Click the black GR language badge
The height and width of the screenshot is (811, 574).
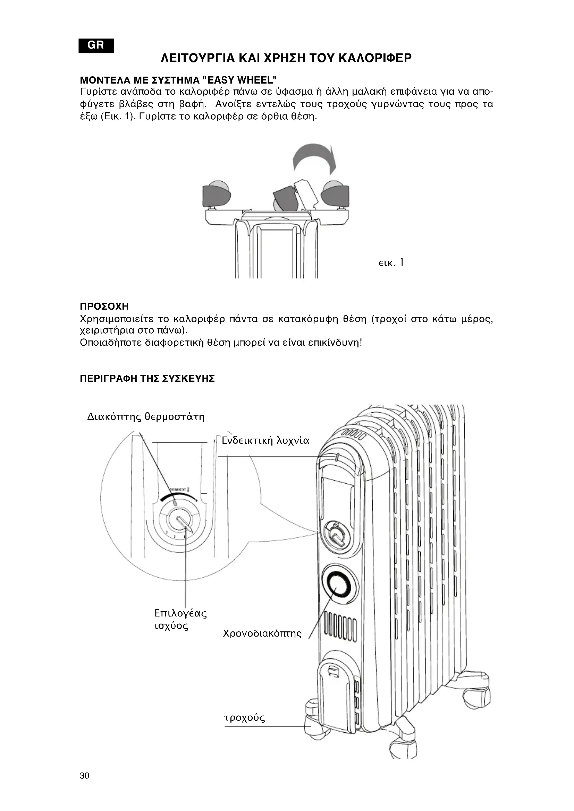[96, 45]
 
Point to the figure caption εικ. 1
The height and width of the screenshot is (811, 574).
[390, 263]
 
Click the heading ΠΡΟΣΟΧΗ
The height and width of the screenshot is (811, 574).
[104, 306]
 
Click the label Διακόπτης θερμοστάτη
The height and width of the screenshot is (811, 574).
[146, 417]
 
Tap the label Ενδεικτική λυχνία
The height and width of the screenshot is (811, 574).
[265, 441]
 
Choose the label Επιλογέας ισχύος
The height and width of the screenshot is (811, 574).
[180, 619]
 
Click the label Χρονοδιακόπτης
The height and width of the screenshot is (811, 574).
[262, 633]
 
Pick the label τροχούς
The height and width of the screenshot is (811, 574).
[245, 717]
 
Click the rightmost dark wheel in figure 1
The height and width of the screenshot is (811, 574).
[335, 193]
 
